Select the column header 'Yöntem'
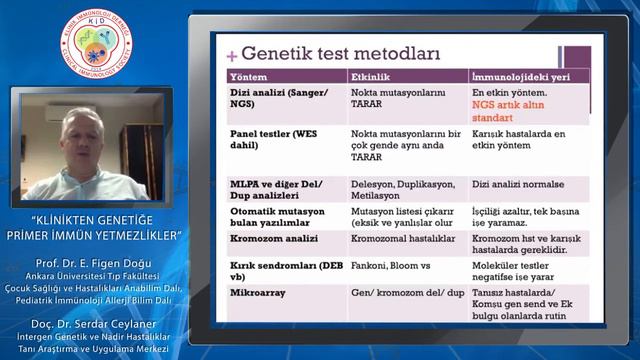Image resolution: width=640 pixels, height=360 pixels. (x=249, y=77)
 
